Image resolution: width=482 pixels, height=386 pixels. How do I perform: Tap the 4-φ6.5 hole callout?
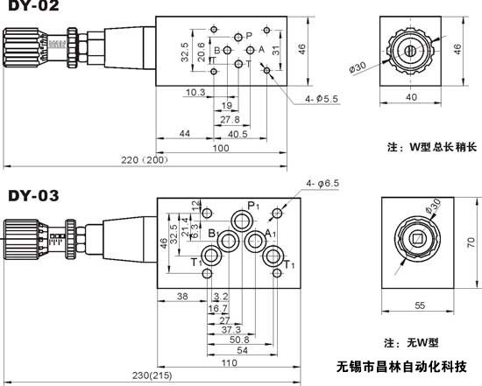click(x=325, y=183)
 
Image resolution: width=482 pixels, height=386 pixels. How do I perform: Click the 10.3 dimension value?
click(x=195, y=92)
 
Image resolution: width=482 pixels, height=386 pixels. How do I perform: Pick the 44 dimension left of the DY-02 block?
click(x=185, y=133)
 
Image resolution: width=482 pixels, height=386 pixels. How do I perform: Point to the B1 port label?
click(x=212, y=233)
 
